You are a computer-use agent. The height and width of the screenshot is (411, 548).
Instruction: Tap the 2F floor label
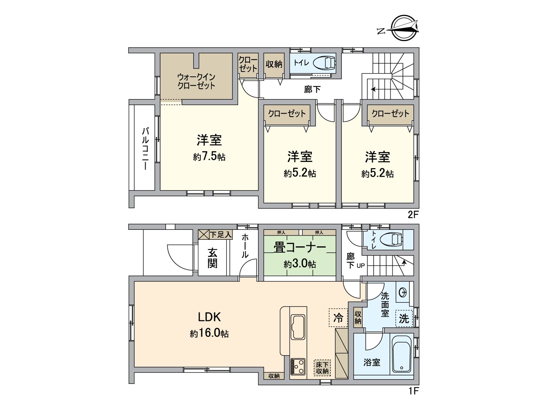[413, 215]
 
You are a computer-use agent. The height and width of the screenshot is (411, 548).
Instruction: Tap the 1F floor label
[413, 391]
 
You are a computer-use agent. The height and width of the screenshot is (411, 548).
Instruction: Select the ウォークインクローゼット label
[196, 81]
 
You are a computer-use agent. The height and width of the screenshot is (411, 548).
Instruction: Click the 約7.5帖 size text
[209, 157]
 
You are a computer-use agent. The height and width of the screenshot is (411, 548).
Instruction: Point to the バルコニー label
[145, 148]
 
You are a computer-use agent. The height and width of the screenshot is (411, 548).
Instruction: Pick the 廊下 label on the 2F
[312, 89]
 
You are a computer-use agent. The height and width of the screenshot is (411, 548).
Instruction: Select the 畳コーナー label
[299, 247]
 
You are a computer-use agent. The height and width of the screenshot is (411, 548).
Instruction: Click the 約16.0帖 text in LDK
[209, 333]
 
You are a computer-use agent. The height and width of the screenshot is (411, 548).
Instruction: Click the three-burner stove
[298, 366]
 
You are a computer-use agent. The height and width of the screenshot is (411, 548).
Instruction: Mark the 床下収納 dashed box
[322, 368]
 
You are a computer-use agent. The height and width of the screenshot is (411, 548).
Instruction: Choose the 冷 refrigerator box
[338, 318]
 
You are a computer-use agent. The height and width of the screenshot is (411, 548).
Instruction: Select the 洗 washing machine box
[404, 319]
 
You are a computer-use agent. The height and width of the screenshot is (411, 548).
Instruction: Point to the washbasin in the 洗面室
[403, 292]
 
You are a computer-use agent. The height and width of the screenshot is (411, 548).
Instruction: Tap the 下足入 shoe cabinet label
[221, 235]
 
